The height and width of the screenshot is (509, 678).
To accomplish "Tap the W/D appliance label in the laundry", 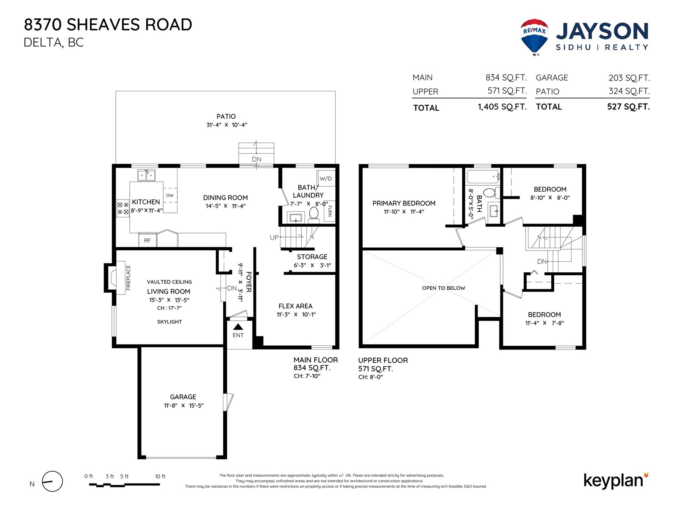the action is [x=325, y=179].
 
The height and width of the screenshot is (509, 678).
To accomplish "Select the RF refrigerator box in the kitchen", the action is [x=147, y=240].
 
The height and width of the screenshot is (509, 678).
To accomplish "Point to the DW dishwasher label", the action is [x=170, y=195].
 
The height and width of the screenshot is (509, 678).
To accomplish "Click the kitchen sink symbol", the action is [x=147, y=176].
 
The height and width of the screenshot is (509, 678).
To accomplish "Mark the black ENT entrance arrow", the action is [x=238, y=327].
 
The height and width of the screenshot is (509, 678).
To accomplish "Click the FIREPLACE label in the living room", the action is [x=128, y=278].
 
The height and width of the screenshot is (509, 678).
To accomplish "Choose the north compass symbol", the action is [x=52, y=481].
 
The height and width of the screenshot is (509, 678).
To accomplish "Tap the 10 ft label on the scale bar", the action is [x=160, y=476].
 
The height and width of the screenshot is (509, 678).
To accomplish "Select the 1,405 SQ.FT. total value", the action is [x=502, y=107].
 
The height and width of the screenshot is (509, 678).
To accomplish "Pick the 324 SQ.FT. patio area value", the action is [x=629, y=91].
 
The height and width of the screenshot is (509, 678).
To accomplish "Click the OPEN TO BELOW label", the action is [x=444, y=288].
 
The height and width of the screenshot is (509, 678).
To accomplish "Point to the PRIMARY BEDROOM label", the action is [x=404, y=203].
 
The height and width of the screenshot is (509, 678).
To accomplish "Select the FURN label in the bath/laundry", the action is [x=330, y=211].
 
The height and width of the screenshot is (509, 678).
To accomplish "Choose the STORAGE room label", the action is [x=312, y=257].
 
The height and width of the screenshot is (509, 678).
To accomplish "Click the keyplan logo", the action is [x=616, y=481].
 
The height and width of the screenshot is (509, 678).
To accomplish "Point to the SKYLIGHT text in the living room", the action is [x=169, y=322].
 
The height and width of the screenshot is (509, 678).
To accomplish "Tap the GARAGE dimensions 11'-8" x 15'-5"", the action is [x=184, y=406].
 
